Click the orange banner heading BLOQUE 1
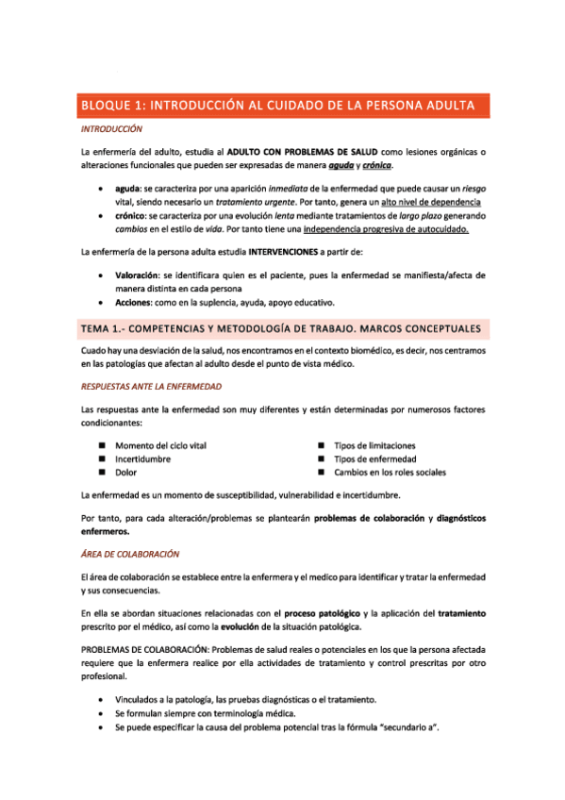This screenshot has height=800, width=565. click(x=283, y=105)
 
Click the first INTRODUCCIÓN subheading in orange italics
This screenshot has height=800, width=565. click(x=111, y=128)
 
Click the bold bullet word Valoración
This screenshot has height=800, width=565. click(x=138, y=275)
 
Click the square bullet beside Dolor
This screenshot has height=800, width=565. click(x=102, y=472)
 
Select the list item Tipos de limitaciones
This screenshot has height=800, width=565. click(x=374, y=445)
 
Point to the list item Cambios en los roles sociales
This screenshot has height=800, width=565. click(x=395, y=472)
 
